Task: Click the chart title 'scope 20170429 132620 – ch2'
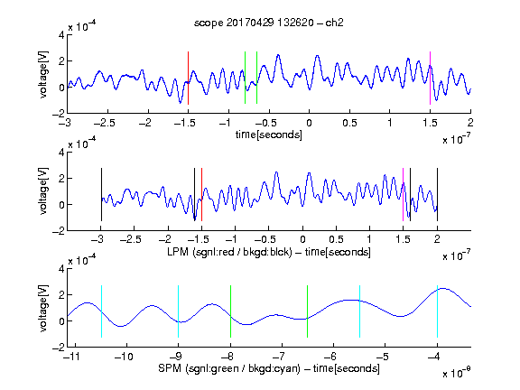click(x=269, y=23)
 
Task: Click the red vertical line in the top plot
click(x=188, y=78)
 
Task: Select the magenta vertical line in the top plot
click(x=430, y=78)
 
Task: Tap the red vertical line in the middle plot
click(x=201, y=195)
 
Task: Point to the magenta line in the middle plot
click(x=403, y=195)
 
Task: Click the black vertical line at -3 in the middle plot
click(x=101, y=195)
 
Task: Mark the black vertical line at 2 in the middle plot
click(x=437, y=195)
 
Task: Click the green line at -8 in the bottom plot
click(x=230, y=311)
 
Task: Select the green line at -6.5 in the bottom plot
click(x=308, y=311)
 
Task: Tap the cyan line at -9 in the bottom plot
click(x=179, y=311)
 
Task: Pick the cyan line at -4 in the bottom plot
click(x=437, y=311)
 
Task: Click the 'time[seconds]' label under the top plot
click(x=269, y=135)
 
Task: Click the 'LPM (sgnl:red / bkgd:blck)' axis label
click(x=229, y=252)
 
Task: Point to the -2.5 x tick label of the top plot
click(x=105, y=123)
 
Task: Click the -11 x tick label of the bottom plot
click(x=71, y=357)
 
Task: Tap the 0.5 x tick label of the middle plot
click(x=336, y=239)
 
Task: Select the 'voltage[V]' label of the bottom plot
click(x=43, y=308)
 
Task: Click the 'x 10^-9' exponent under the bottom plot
click(x=457, y=373)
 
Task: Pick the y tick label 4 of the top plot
click(x=61, y=35)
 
